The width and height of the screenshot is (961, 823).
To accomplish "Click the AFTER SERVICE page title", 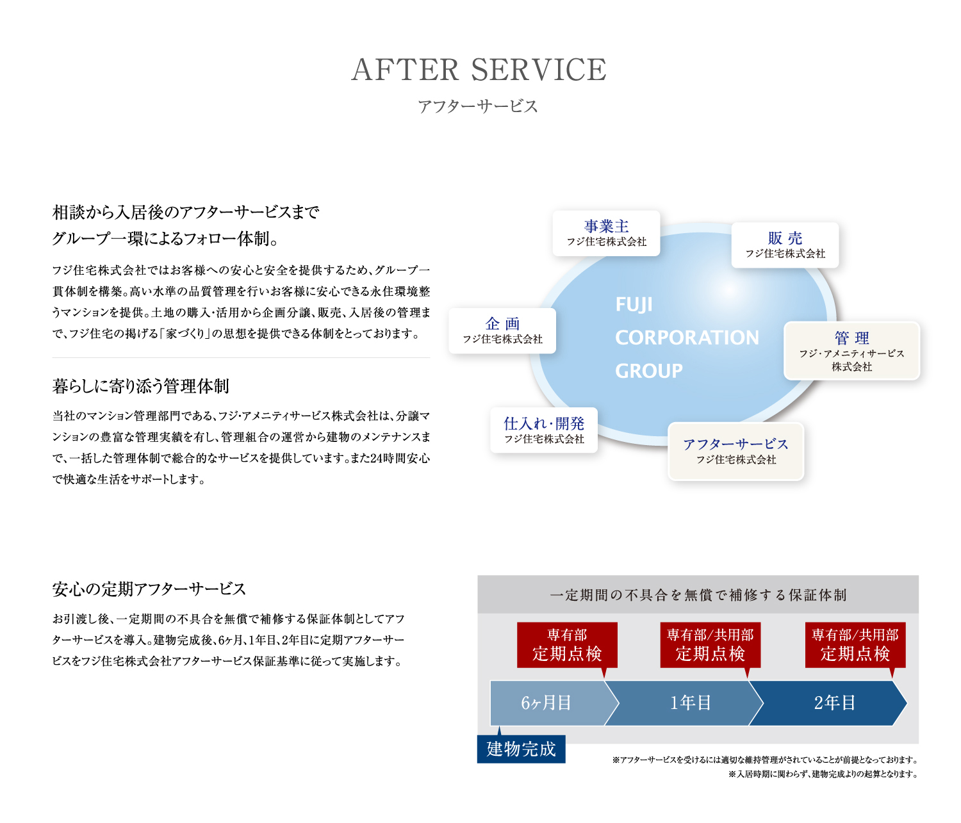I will [x=479, y=70].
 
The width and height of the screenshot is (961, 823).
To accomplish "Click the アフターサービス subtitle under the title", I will [x=478, y=106].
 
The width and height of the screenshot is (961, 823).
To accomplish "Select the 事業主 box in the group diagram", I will [x=606, y=233].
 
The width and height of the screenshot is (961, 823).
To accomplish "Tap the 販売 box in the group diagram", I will [x=785, y=245].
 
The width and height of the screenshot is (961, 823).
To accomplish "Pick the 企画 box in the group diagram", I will [x=502, y=330].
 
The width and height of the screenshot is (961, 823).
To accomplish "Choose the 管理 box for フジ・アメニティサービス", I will [x=851, y=351].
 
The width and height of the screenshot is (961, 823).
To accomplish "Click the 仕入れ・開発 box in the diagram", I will [x=544, y=430].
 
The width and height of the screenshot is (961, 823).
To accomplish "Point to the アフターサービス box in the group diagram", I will [x=735, y=451].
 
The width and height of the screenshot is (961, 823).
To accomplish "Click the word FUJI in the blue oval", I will [x=634, y=305].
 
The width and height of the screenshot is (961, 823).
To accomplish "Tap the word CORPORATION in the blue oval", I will [x=687, y=338].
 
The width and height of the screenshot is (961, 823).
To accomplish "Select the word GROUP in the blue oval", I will [x=648, y=371].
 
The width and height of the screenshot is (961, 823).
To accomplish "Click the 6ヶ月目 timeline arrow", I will [x=546, y=703].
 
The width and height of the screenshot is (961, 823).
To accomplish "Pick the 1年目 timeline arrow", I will [x=691, y=703].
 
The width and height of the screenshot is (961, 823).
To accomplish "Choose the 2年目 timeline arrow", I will [x=835, y=703].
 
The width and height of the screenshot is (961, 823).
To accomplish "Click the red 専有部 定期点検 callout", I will [x=567, y=645].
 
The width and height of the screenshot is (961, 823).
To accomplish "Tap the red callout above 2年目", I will [x=855, y=645].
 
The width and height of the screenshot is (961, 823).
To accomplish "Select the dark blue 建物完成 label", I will [x=521, y=749].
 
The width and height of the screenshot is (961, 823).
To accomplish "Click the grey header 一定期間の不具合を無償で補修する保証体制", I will [x=698, y=595].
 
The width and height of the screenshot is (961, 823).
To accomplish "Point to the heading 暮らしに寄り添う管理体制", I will [x=141, y=386].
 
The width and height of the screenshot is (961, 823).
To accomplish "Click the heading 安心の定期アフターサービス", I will [x=149, y=589].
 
